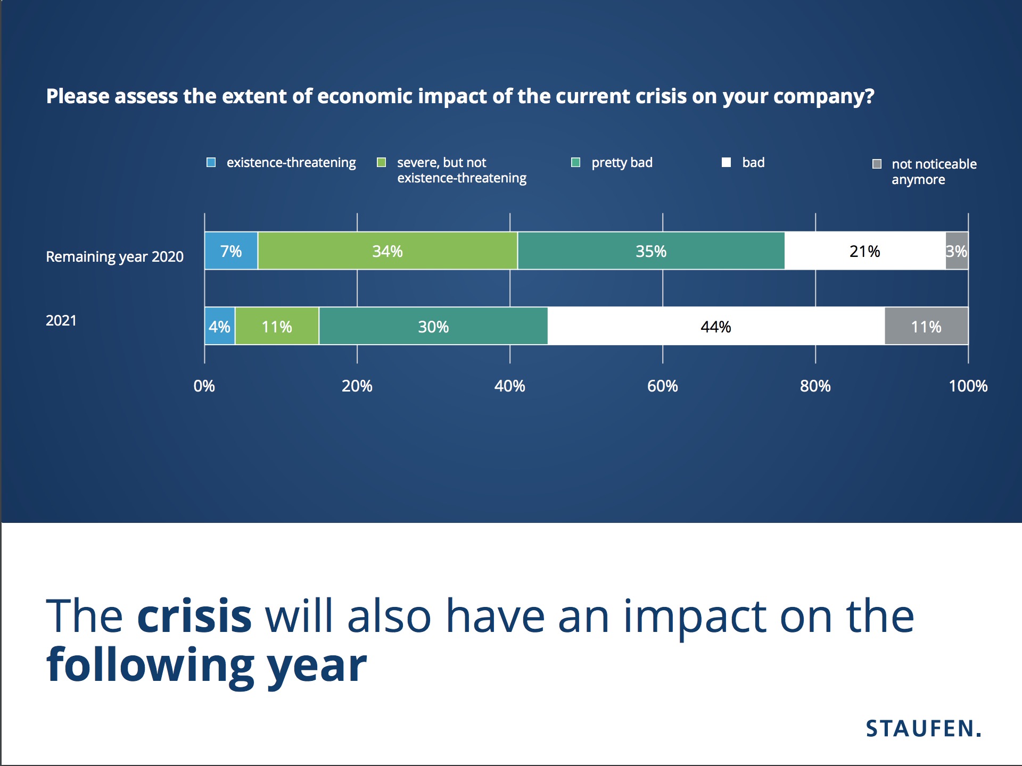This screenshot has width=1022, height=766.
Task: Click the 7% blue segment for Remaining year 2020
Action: click(231, 251)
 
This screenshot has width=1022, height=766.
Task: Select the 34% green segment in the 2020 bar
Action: click(387, 251)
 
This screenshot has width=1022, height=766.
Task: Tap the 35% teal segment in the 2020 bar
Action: click(650, 251)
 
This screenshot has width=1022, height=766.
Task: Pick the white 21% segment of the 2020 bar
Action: click(864, 251)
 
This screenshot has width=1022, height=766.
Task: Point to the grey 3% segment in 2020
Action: click(957, 251)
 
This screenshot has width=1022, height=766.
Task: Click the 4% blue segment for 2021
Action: click(219, 326)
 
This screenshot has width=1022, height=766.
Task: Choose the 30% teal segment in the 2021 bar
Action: click(433, 326)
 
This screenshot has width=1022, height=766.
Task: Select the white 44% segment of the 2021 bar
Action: click(715, 326)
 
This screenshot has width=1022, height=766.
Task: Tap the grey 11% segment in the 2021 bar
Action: click(926, 326)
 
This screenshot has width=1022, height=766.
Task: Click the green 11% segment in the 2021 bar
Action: click(277, 326)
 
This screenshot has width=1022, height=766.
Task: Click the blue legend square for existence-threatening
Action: click(211, 162)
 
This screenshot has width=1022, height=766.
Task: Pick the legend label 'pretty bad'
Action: click(622, 162)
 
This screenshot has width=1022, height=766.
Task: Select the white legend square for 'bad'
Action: click(726, 162)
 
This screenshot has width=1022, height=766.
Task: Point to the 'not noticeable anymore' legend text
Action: click(934, 171)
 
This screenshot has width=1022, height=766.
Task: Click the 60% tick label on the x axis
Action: click(662, 386)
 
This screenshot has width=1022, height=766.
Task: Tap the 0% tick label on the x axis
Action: click(204, 386)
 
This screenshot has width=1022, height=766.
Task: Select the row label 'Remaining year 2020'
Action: click(114, 256)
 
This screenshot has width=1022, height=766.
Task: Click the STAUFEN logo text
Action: click(923, 728)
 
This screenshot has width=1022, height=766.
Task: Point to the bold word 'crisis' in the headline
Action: click(194, 616)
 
